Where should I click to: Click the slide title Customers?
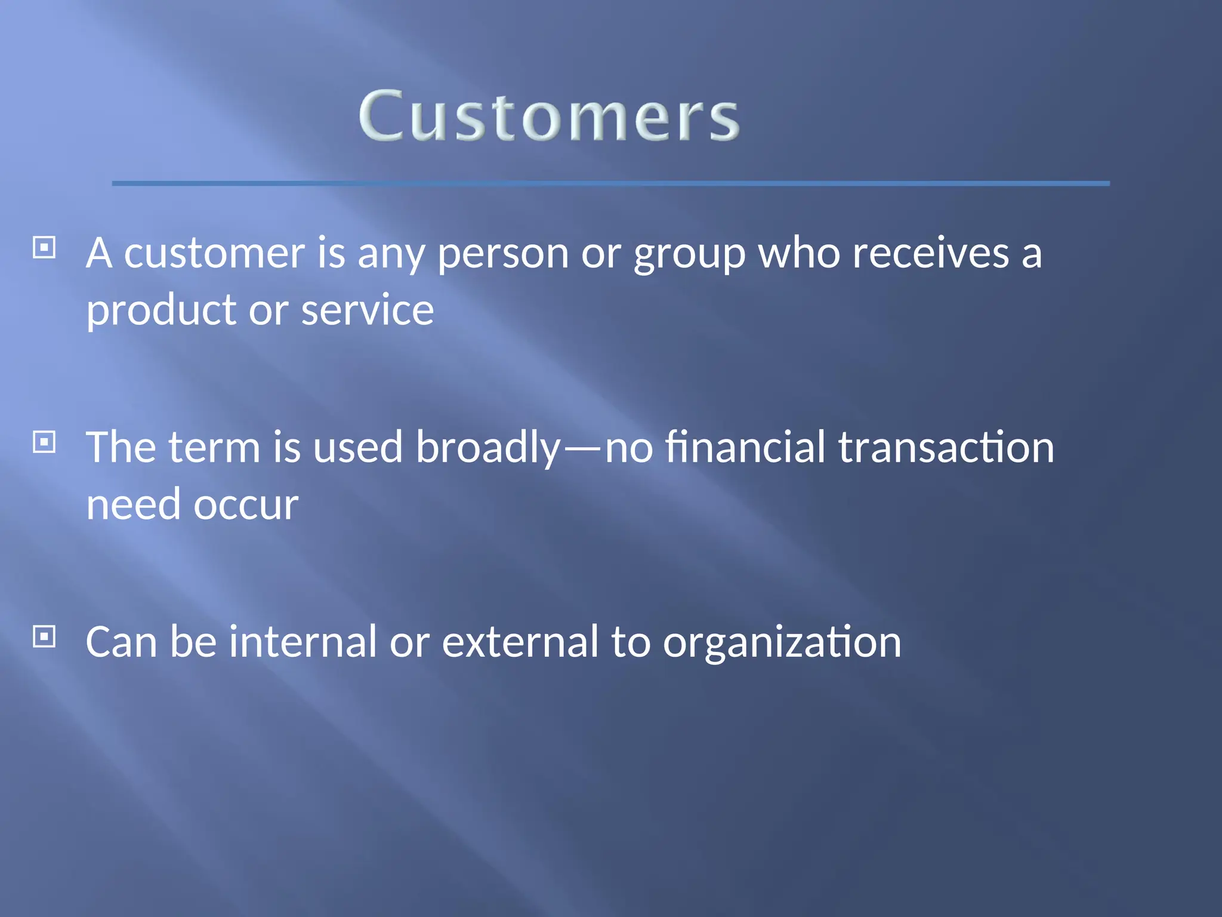click(549, 116)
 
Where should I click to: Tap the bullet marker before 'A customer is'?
click(44, 247)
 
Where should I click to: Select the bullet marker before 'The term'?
click(44, 442)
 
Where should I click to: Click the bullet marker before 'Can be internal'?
click(44, 636)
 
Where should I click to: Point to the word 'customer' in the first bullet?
click(214, 253)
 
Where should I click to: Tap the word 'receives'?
click(930, 253)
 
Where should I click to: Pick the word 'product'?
click(162, 311)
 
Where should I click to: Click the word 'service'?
click(367, 310)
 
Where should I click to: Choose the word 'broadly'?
click(488, 448)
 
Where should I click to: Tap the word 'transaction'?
click(946, 448)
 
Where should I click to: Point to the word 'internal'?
click(303, 642)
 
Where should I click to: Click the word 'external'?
click(520, 642)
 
